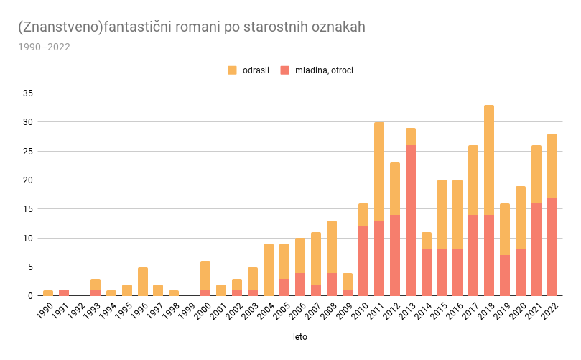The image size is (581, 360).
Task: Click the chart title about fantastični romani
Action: point(192,27)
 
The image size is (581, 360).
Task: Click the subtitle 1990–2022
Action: point(44,47)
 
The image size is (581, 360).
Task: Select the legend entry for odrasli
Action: point(248,70)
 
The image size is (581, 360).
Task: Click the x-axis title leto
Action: point(299,336)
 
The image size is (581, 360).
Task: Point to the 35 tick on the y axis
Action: point(28,93)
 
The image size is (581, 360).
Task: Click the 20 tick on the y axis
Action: point(28,180)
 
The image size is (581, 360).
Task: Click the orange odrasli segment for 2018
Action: point(489,160)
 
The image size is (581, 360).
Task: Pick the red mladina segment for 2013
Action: point(410,220)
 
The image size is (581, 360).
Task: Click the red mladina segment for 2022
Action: point(552,246)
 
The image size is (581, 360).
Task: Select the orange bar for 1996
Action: point(143,281)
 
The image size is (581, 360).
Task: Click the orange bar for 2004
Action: point(269,269)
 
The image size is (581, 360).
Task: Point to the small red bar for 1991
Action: point(64,292)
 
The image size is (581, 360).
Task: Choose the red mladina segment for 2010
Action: point(363,261)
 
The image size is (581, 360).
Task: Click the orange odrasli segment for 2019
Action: point(505,229)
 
